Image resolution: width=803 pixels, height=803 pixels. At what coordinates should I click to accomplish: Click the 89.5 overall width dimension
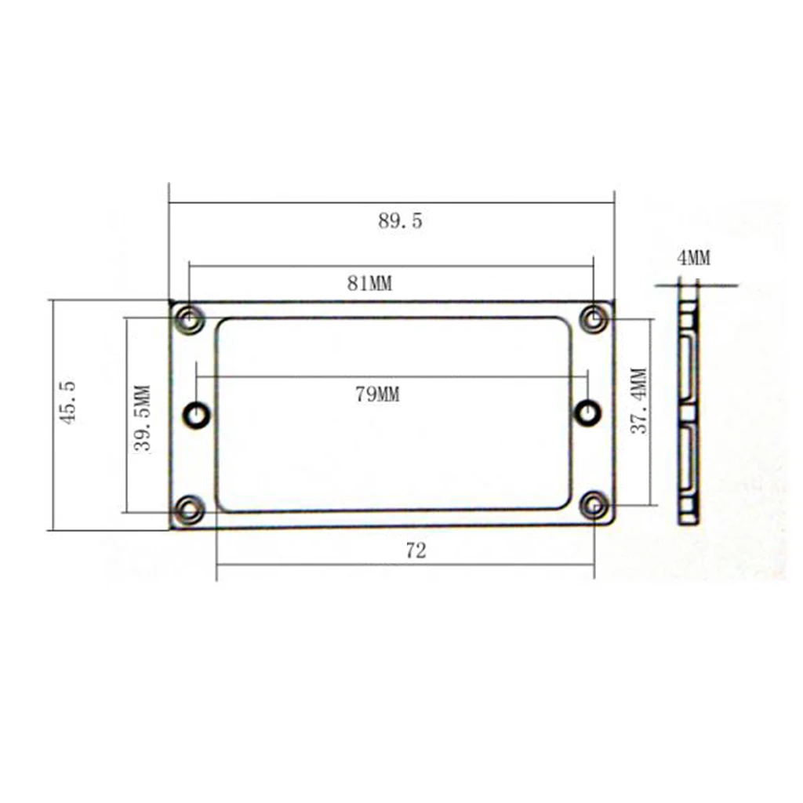[x=400, y=221]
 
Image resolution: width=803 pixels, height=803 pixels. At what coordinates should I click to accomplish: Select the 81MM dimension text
[x=369, y=284]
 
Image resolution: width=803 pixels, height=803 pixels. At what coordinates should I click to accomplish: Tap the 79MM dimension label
[x=376, y=394]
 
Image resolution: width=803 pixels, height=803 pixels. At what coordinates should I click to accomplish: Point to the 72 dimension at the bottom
[x=416, y=551]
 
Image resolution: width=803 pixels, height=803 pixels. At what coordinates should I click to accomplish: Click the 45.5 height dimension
[x=68, y=402]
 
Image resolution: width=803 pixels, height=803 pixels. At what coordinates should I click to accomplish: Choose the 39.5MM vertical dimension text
[x=144, y=417]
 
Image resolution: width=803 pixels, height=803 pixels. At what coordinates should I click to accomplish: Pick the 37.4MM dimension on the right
[x=640, y=401]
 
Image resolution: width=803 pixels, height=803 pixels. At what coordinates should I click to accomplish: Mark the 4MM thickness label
[x=693, y=258]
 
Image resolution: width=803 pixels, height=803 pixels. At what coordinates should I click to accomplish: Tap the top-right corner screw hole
[x=594, y=319]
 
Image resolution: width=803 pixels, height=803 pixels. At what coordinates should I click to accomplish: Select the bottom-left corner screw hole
[x=188, y=510]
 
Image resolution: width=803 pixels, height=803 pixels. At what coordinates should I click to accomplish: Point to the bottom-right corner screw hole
[x=595, y=506]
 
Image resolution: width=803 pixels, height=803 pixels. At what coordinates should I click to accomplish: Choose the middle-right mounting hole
[x=587, y=412]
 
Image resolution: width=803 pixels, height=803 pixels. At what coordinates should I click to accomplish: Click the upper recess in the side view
[x=686, y=368]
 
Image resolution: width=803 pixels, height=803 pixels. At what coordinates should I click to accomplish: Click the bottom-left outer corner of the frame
[x=171, y=529]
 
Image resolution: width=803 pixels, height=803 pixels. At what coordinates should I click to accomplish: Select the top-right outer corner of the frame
[x=613, y=301]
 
